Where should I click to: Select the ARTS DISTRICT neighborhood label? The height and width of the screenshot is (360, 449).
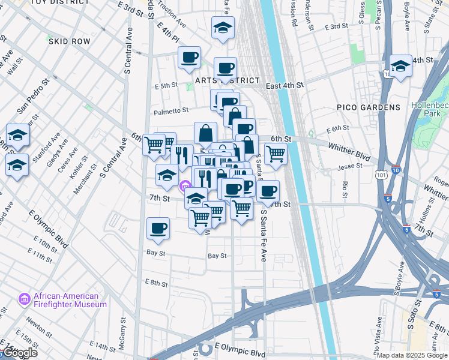[228, 80]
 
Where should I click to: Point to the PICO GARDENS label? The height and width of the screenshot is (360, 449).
[369, 107]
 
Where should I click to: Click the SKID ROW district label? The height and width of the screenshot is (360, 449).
[70, 42]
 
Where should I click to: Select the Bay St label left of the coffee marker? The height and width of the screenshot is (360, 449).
[155, 253]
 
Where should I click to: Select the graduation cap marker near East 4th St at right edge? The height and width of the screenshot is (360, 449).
[400, 67]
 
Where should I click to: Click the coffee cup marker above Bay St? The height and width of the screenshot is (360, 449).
[158, 229]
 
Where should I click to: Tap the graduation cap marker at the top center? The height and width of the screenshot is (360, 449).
[223, 28]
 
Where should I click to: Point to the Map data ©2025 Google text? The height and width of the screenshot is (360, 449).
[412, 355]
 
